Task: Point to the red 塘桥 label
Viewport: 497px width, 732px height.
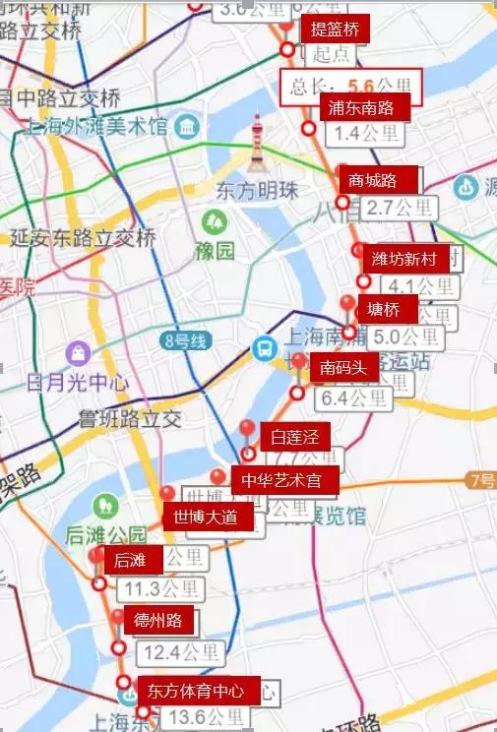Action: tap(384, 308)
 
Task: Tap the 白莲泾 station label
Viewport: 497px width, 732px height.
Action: tap(294, 436)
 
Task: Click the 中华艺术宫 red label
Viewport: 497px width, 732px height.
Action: tap(285, 480)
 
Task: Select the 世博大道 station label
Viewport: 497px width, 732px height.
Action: tap(206, 517)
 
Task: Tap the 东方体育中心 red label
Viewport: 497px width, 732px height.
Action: tap(198, 689)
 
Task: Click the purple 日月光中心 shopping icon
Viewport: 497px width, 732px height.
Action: tap(77, 351)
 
